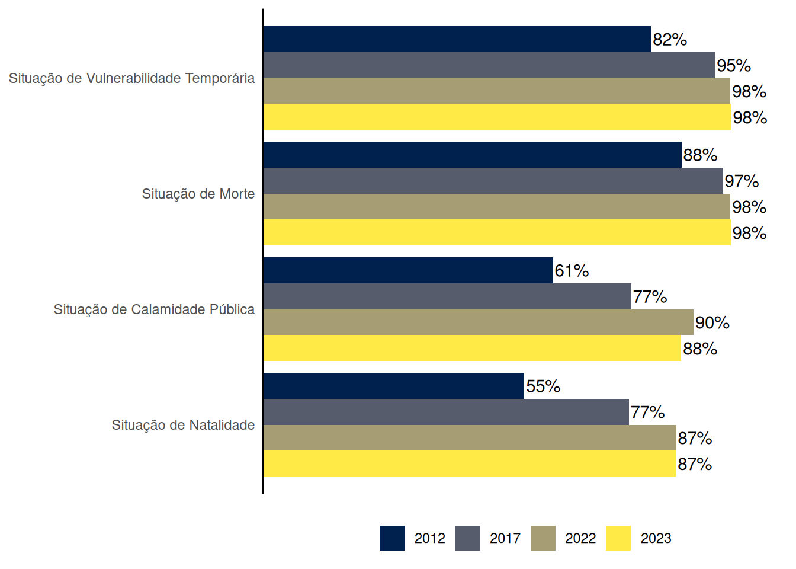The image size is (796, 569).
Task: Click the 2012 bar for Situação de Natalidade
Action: (x=393, y=386)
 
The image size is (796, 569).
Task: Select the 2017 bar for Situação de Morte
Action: (x=493, y=181)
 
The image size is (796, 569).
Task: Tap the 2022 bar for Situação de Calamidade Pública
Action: (x=478, y=322)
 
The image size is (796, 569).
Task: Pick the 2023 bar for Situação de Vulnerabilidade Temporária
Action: (x=496, y=117)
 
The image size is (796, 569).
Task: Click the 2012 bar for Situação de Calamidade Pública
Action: (x=408, y=270)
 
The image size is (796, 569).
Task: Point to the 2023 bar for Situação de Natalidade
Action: (x=469, y=463)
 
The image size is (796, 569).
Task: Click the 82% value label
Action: (x=670, y=40)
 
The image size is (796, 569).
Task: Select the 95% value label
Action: (x=734, y=66)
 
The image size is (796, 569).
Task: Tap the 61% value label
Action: (x=572, y=271)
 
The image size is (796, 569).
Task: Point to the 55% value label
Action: (x=543, y=386)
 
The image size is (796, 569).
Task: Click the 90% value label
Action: (x=712, y=323)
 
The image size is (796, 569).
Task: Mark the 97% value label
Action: (x=742, y=181)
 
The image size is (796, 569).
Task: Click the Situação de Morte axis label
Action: (x=198, y=194)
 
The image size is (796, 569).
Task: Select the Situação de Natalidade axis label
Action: (x=183, y=425)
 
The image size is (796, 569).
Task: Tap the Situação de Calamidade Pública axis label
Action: (x=154, y=309)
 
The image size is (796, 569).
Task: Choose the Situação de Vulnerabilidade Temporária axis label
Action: (x=131, y=78)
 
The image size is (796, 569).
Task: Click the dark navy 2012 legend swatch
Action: (x=392, y=538)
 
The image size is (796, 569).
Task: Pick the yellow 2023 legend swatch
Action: (x=618, y=538)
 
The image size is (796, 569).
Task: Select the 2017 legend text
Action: (x=505, y=538)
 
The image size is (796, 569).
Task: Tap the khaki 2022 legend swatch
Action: (x=543, y=538)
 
